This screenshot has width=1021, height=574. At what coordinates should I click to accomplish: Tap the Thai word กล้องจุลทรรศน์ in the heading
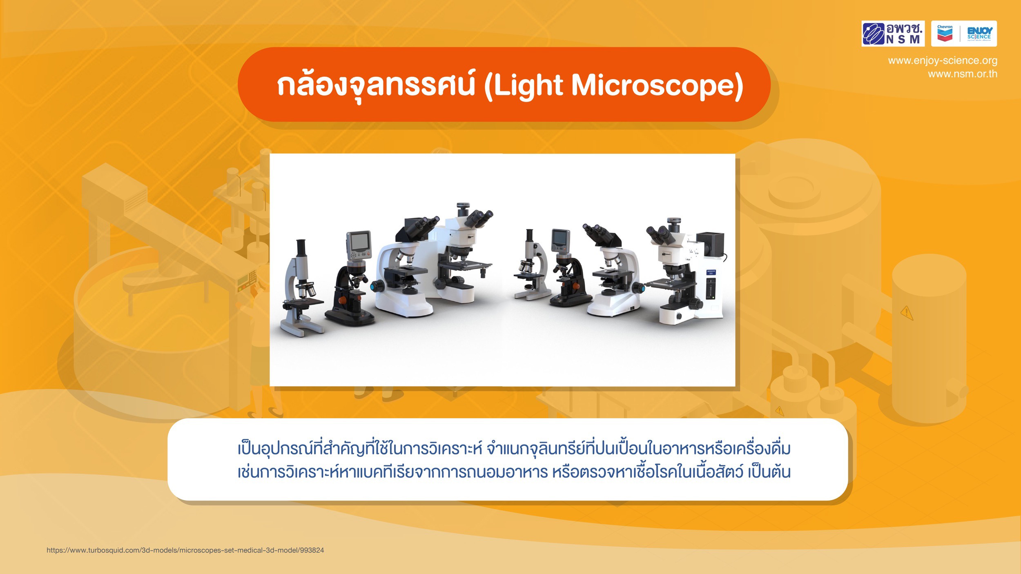click(x=376, y=86)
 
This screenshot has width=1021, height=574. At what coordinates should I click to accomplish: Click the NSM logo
click(x=893, y=33)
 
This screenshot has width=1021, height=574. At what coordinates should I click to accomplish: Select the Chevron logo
click(x=945, y=33)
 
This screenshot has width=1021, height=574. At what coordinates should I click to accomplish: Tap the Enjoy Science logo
click(x=979, y=33)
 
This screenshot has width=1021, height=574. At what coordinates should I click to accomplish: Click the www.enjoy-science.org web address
click(x=943, y=61)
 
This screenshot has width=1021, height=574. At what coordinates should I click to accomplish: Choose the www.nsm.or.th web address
click(x=963, y=74)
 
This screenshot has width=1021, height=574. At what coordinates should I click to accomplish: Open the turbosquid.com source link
click(x=185, y=550)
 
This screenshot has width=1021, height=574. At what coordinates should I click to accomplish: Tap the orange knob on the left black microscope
click(x=342, y=300)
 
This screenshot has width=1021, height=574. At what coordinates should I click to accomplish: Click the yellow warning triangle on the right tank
click(x=907, y=313)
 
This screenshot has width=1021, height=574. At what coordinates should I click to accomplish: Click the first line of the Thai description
click(x=514, y=448)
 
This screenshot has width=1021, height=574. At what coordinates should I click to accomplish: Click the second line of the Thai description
click(x=514, y=472)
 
